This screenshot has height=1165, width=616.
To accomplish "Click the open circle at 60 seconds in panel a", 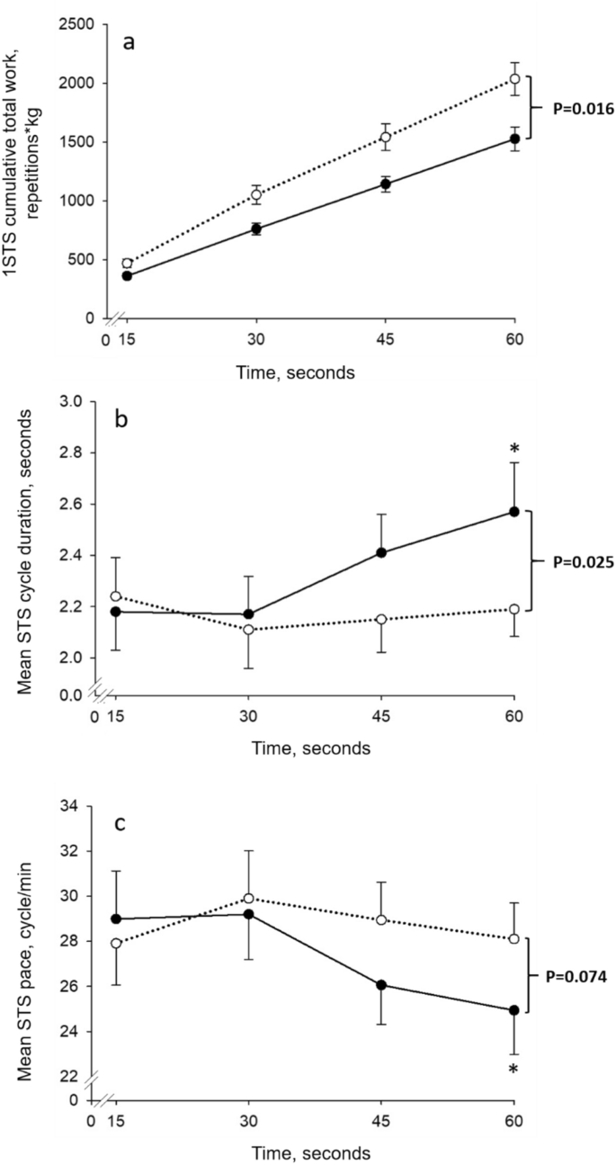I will (x=514, y=79).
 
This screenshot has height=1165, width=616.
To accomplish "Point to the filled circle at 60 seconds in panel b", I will (x=514, y=511).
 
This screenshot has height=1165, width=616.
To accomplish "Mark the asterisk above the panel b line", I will (x=514, y=449).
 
